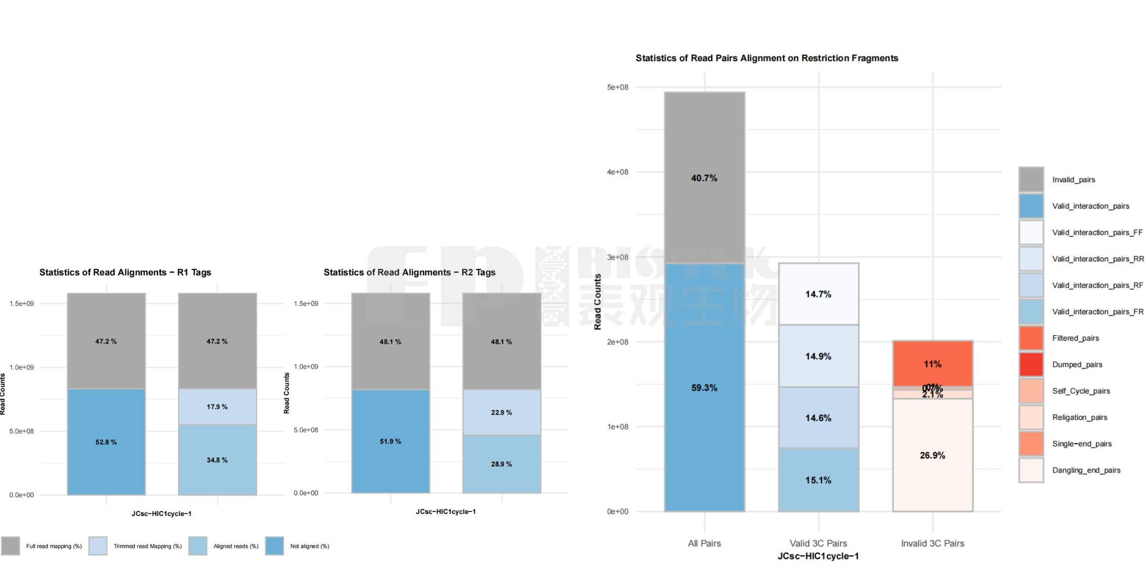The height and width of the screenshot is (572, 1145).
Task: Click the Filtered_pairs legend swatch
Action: point(1031,338)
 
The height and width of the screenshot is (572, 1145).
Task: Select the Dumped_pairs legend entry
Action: point(1077,365)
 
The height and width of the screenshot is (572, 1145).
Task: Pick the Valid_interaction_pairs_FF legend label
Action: point(1097,233)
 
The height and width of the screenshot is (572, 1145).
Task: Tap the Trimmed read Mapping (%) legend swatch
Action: point(97,546)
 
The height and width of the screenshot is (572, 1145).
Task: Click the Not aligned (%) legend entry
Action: point(309,546)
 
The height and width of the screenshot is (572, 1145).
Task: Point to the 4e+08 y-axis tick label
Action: point(618,172)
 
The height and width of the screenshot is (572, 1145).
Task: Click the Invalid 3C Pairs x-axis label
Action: point(932,543)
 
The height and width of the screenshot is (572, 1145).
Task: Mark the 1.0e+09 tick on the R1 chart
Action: point(22,367)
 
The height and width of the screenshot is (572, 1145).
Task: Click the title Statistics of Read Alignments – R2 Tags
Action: point(409,273)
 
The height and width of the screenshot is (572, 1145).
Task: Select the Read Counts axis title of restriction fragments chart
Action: point(598,302)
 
